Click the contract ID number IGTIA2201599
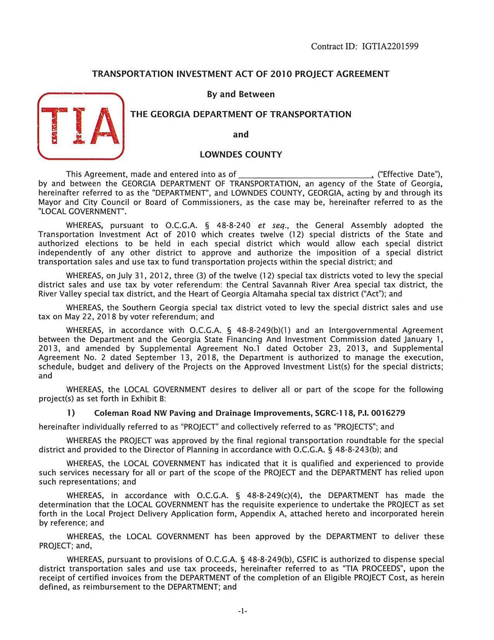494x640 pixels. [390, 47]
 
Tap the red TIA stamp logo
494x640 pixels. [81, 126]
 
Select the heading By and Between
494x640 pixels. [241, 94]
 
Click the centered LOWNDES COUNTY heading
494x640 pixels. [241, 155]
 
